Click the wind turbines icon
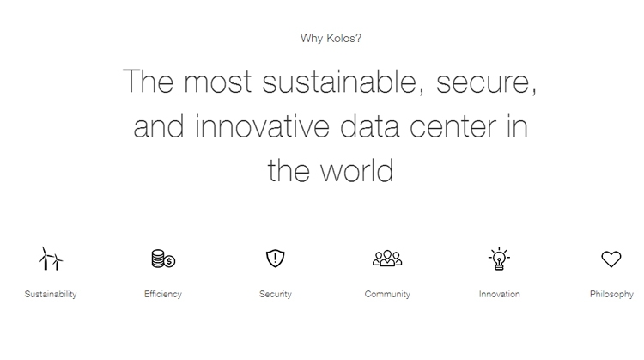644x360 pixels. (x=51, y=259)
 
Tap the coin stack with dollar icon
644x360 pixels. (x=163, y=259)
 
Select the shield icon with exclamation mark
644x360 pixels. (x=275, y=259)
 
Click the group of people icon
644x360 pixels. (x=387, y=259)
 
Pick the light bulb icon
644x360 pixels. (x=499, y=259)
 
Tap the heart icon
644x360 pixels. (x=611, y=259)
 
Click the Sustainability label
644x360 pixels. (x=51, y=294)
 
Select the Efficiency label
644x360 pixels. (x=163, y=294)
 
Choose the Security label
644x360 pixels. (x=275, y=294)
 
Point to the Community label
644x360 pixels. (x=387, y=294)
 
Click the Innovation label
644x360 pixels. (x=500, y=294)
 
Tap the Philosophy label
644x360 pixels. (x=611, y=294)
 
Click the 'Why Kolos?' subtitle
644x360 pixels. (x=331, y=38)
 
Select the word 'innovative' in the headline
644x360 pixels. (x=262, y=125)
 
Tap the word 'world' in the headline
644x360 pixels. (x=356, y=170)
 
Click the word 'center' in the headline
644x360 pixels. (x=453, y=127)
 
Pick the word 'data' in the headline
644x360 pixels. (x=369, y=125)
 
